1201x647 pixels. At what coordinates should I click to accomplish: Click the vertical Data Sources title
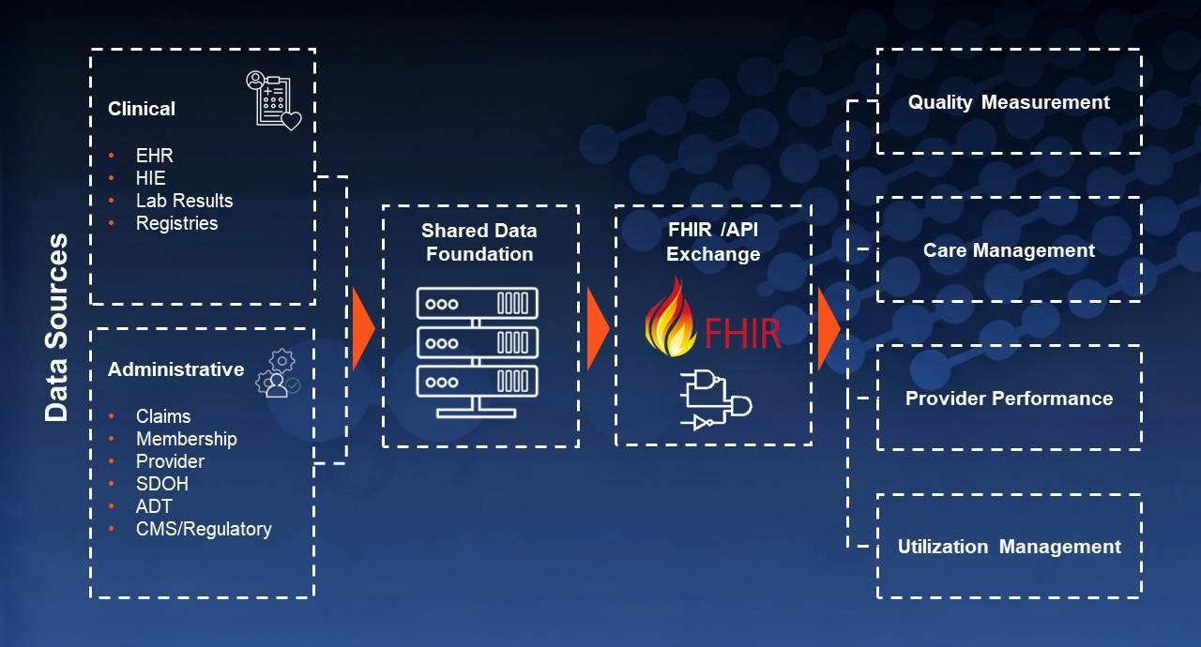[x=56, y=327]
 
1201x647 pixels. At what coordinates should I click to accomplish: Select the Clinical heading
[x=142, y=109]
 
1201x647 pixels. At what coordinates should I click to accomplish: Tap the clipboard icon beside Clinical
[x=273, y=100]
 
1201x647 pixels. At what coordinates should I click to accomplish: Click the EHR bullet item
[x=155, y=156]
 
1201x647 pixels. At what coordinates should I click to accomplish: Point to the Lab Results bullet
[x=184, y=201]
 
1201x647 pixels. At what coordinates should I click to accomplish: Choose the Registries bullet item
[x=176, y=223]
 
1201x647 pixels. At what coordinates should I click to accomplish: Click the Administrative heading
[x=175, y=369]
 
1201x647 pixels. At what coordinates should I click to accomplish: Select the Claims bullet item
[x=163, y=416]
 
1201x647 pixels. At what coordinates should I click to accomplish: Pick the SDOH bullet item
[x=162, y=484]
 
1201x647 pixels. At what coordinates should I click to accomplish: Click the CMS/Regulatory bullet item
[x=204, y=529]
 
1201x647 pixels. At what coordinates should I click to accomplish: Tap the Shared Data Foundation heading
[x=479, y=242]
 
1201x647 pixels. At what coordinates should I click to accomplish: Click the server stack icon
[x=478, y=353]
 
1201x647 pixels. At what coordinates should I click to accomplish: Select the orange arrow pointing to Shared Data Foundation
[x=363, y=329]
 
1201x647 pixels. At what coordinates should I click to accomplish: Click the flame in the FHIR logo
[x=669, y=318]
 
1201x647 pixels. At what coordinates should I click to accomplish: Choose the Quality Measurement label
[x=1009, y=102]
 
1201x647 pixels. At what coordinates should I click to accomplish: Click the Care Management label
[x=1009, y=250]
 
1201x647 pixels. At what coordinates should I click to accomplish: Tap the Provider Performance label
[x=1009, y=399]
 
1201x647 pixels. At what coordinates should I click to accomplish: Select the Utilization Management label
[x=1009, y=547]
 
